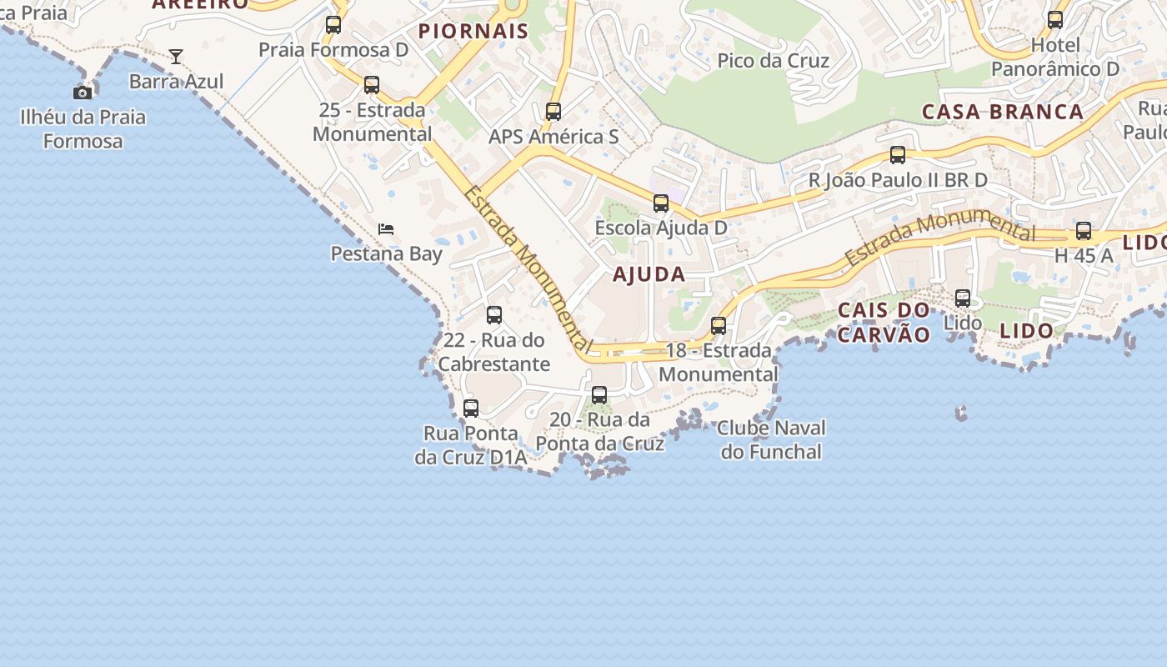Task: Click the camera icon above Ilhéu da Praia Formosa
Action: click(x=83, y=93)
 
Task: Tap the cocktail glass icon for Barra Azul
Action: click(x=176, y=57)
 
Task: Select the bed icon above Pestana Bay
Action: click(x=385, y=228)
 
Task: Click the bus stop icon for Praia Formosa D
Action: click(x=333, y=25)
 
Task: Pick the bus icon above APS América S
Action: click(x=553, y=112)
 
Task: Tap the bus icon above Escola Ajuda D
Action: click(x=661, y=203)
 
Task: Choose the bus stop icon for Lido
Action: click(x=963, y=298)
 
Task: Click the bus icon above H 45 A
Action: click(x=1084, y=232)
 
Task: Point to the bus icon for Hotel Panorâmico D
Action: click(x=1055, y=20)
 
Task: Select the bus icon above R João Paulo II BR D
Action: click(x=898, y=155)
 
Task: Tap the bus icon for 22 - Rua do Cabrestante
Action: click(x=494, y=315)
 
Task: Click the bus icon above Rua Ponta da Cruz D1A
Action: click(x=471, y=409)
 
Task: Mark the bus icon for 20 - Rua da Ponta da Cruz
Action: click(x=599, y=395)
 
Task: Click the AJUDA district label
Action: click(x=649, y=274)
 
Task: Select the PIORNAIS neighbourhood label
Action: click(x=473, y=32)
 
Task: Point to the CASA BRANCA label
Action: click(x=1003, y=112)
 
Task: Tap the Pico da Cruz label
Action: click(x=774, y=61)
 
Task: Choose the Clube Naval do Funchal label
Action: click(x=771, y=439)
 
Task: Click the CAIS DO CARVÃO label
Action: click(x=884, y=323)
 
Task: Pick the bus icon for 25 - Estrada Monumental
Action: click(x=372, y=85)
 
